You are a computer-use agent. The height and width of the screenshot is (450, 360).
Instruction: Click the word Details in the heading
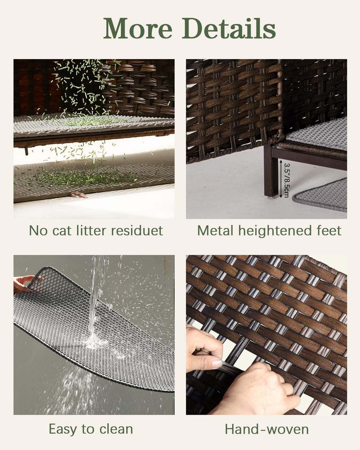tap(229, 28)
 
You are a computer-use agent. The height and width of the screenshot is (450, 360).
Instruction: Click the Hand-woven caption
tap(267, 429)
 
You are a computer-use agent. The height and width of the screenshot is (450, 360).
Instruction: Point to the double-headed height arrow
tap(281, 179)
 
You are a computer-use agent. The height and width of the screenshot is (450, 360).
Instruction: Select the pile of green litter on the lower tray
tap(83, 176)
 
